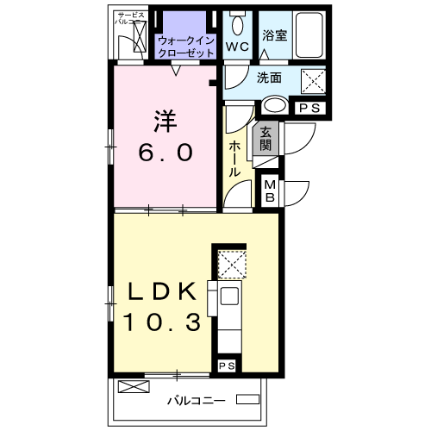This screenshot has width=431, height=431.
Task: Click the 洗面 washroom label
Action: [x=269, y=78]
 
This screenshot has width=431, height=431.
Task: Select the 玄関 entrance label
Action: [x=266, y=139]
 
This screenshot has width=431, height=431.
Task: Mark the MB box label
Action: [x=269, y=191]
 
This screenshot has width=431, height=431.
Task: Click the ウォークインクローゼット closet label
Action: [x=187, y=46]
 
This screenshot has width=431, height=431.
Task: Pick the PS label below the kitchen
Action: [x=227, y=366]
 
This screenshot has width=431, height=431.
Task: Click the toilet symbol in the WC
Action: [x=237, y=22]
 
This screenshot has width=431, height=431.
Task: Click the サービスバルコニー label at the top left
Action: [x=131, y=19]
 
